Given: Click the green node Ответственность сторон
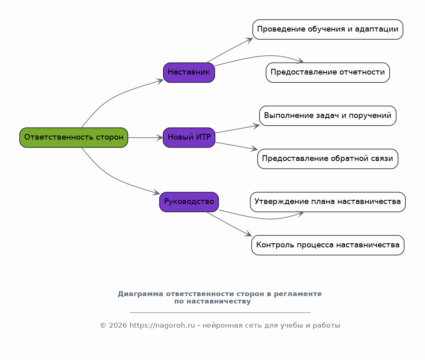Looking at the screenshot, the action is [74, 138].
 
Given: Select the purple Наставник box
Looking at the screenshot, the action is [189, 72].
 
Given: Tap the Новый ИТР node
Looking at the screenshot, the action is [189, 138].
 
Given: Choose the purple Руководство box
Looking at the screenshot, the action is [189, 202].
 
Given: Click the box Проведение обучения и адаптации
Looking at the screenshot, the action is [328, 29].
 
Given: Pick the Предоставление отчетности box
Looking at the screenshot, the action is [328, 72].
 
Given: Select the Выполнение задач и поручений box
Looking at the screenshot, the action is [328, 115].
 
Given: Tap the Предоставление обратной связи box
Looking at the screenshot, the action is [328, 159].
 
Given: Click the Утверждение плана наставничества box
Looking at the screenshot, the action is [328, 202].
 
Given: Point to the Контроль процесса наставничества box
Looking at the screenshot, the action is [328, 245].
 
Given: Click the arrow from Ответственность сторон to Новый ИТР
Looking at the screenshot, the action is [145, 138].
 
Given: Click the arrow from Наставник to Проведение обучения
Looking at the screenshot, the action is [230, 50].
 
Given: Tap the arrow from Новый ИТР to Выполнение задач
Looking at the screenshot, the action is [237, 129].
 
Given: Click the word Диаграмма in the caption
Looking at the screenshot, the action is [141, 294].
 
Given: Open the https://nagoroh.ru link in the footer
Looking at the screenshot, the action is [162, 325].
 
